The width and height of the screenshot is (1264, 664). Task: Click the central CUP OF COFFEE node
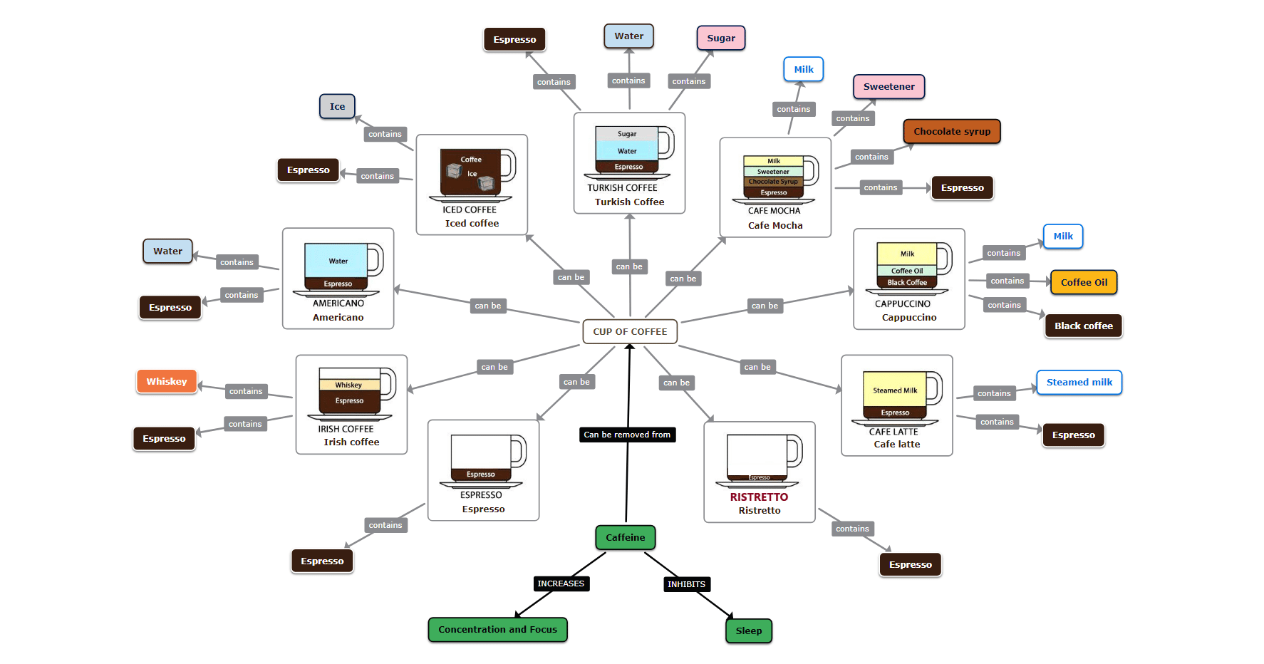630,331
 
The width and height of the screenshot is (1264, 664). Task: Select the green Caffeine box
625,537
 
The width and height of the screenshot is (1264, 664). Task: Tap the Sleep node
748,631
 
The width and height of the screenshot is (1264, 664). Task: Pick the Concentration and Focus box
497,629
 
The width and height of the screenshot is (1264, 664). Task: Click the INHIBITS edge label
686,584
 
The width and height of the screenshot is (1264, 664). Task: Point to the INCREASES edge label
561,583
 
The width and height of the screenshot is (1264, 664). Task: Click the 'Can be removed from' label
627,435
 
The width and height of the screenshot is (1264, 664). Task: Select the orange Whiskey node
167,381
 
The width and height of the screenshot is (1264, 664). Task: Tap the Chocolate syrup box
952,131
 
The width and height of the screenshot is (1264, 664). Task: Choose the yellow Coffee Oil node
1084,282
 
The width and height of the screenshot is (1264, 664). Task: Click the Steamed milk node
1079,382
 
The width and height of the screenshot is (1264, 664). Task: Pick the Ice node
337,106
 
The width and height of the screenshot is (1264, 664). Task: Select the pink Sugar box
720,38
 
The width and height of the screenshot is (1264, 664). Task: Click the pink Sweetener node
889,86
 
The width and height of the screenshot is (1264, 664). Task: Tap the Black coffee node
1083,326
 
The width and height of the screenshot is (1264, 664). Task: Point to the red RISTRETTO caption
759,497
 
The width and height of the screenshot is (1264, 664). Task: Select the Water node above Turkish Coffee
628,36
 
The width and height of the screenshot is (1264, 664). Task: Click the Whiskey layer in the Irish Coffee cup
348,385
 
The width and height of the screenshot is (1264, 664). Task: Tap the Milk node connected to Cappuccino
1063,236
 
